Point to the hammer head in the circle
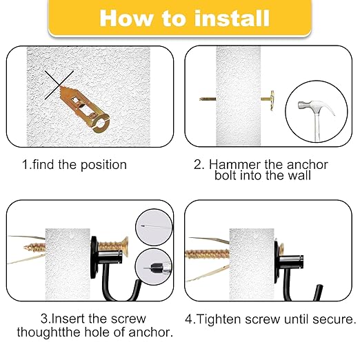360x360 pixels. pyautogui.click(x=308, y=106)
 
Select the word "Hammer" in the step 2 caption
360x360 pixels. pyautogui.click(x=230, y=165)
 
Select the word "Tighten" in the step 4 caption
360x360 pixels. pyautogui.click(x=224, y=320)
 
